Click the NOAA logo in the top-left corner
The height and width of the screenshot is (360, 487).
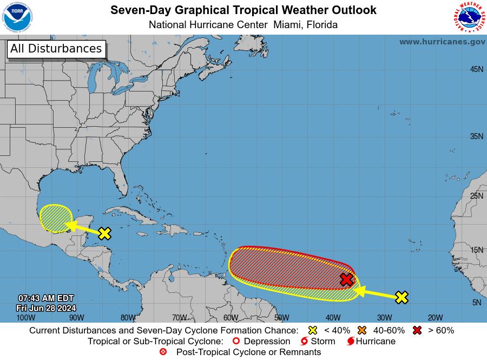18,17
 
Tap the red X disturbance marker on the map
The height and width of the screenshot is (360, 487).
346,279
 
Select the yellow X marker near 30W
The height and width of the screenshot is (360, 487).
401,297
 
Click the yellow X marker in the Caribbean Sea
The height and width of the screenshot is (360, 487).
104,233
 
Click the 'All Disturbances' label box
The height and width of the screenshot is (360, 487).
56,49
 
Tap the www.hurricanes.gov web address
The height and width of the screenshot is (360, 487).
442,42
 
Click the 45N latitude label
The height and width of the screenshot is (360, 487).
476,69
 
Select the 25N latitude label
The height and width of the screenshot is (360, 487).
476,195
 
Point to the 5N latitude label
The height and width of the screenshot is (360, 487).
476,303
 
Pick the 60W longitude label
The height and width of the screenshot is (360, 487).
231,318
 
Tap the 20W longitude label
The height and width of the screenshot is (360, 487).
435,318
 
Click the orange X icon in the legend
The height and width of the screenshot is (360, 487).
361,330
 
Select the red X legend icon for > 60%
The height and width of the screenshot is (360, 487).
417,330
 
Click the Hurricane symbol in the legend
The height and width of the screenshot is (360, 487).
351,342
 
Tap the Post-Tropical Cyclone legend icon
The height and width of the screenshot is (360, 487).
163,352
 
